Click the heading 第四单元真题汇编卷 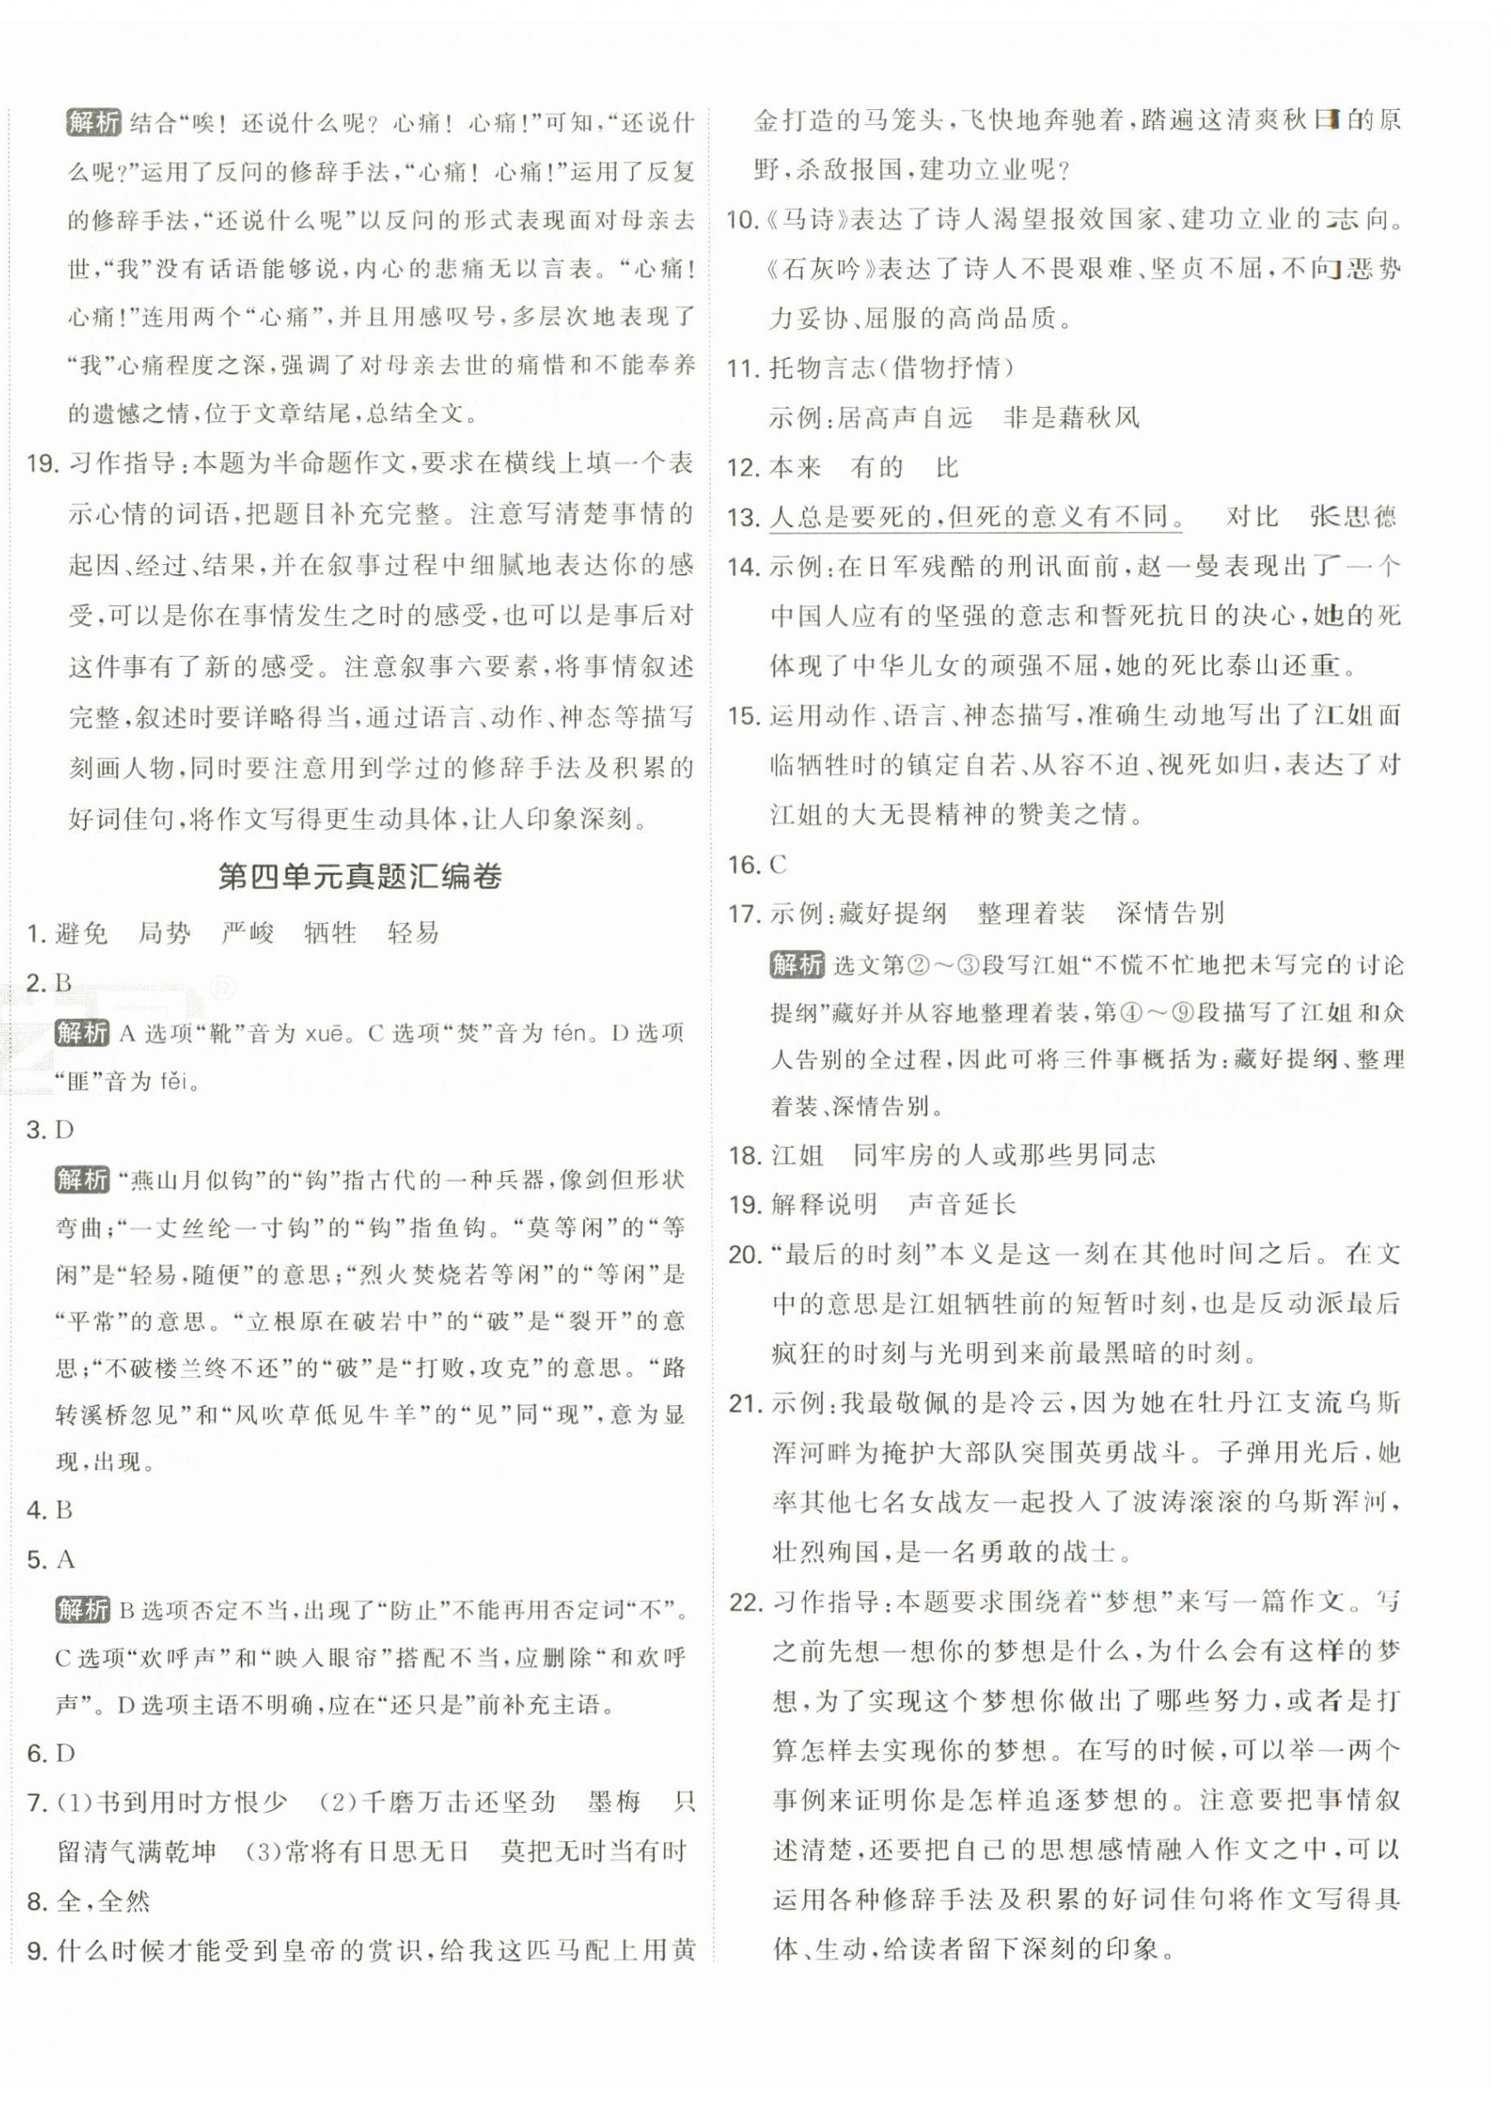click(x=359, y=877)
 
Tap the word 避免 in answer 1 click(x=81, y=933)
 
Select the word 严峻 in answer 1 click(x=247, y=933)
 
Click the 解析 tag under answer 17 click(x=796, y=964)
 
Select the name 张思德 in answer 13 click(x=1352, y=516)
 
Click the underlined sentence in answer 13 click(x=975, y=516)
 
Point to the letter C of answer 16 click(x=778, y=865)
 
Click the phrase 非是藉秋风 click(x=1071, y=418)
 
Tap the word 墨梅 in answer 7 click(x=614, y=1802)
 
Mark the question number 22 click(x=745, y=1602)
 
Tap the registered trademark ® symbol click(x=222, y=988)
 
